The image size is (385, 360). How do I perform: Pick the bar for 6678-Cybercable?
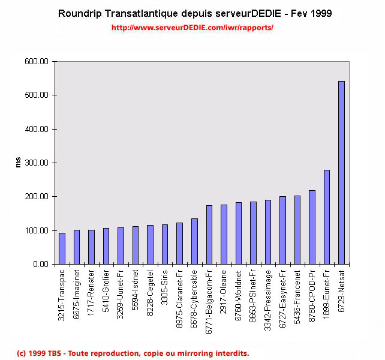coord(194,241)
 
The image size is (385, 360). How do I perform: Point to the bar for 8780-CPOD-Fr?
coord(312,227)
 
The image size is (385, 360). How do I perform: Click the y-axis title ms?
coord(17,163)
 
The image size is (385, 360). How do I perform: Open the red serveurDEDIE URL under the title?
coord(192,28)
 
